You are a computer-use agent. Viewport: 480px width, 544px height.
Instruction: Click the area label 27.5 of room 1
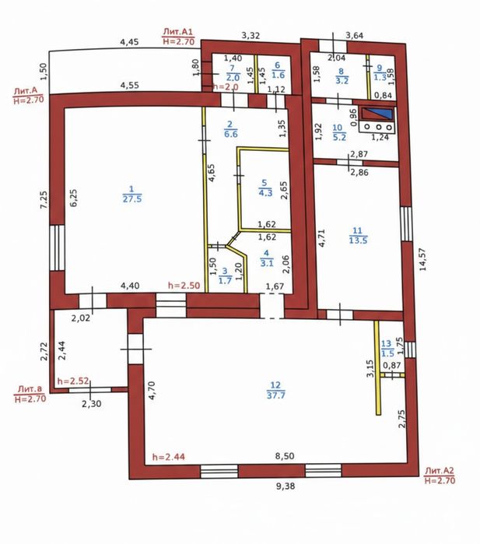pos(132,198)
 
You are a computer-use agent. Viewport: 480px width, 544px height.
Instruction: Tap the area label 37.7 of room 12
pos(276,395)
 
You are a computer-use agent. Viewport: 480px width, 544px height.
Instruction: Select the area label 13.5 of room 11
pos(359,240)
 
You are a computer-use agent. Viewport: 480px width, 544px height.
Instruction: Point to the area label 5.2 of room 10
pos(339,137)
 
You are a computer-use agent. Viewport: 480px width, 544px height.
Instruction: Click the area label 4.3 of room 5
pos(265,192)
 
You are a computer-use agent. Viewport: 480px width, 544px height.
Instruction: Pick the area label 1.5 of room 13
pos(387,353)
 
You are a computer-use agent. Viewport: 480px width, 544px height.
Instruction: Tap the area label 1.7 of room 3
pos(226,280)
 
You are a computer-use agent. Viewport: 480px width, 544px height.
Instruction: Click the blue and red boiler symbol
pos(377,114)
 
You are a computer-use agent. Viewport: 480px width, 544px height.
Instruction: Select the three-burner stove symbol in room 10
pos(377,127)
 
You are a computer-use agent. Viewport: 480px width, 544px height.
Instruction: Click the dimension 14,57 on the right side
pos(422,259)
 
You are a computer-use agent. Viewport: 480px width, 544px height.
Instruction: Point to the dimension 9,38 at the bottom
pos(286,486)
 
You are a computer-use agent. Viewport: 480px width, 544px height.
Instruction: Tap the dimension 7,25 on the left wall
pos(44,200)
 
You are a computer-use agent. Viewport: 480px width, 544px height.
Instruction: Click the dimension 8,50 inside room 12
pos(285,456)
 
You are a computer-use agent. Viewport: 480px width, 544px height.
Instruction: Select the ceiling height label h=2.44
pos(169,457)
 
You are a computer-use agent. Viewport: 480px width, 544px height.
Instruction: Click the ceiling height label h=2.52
pos(74,381)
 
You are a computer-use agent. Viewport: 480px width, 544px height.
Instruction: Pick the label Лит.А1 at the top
pos(178,32)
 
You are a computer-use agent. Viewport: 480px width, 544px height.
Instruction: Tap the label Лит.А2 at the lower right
pos(440,471)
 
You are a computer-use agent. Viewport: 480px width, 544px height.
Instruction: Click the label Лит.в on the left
pos(30,388)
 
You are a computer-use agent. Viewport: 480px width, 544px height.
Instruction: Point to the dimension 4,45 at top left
pos(129,42)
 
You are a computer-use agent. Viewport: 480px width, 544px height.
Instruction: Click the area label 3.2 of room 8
pos(342,81)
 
